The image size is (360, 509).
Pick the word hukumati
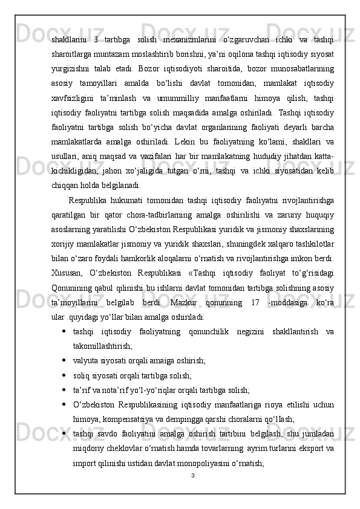pos(124,215)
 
